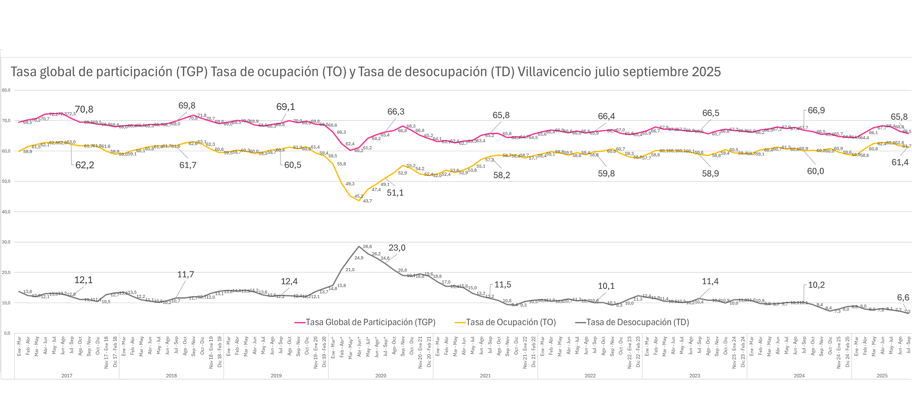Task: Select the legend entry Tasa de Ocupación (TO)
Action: pos(511,322)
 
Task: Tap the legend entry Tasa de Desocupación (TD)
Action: pos(637,322)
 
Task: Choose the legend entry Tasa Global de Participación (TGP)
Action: pos(370,322)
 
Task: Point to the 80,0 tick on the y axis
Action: pos(6,90)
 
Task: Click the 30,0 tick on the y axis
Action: pos(6,242)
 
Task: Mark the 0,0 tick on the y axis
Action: pos(7,333)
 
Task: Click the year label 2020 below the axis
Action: pos(381,376)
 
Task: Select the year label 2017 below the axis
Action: pos(67,376)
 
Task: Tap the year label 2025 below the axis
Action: pos(882,376)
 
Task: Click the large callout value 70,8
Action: pos(84,109)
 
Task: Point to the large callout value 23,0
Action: pos(397,248)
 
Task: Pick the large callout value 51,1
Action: pos(395,193)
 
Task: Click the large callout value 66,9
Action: pos(816,111)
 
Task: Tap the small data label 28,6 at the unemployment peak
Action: pos(367,247)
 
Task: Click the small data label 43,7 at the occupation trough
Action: pos(367,201)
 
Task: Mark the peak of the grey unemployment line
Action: pos(359,246)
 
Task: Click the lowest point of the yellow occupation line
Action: pos(359,201)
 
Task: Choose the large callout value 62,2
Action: pos(85,165)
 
